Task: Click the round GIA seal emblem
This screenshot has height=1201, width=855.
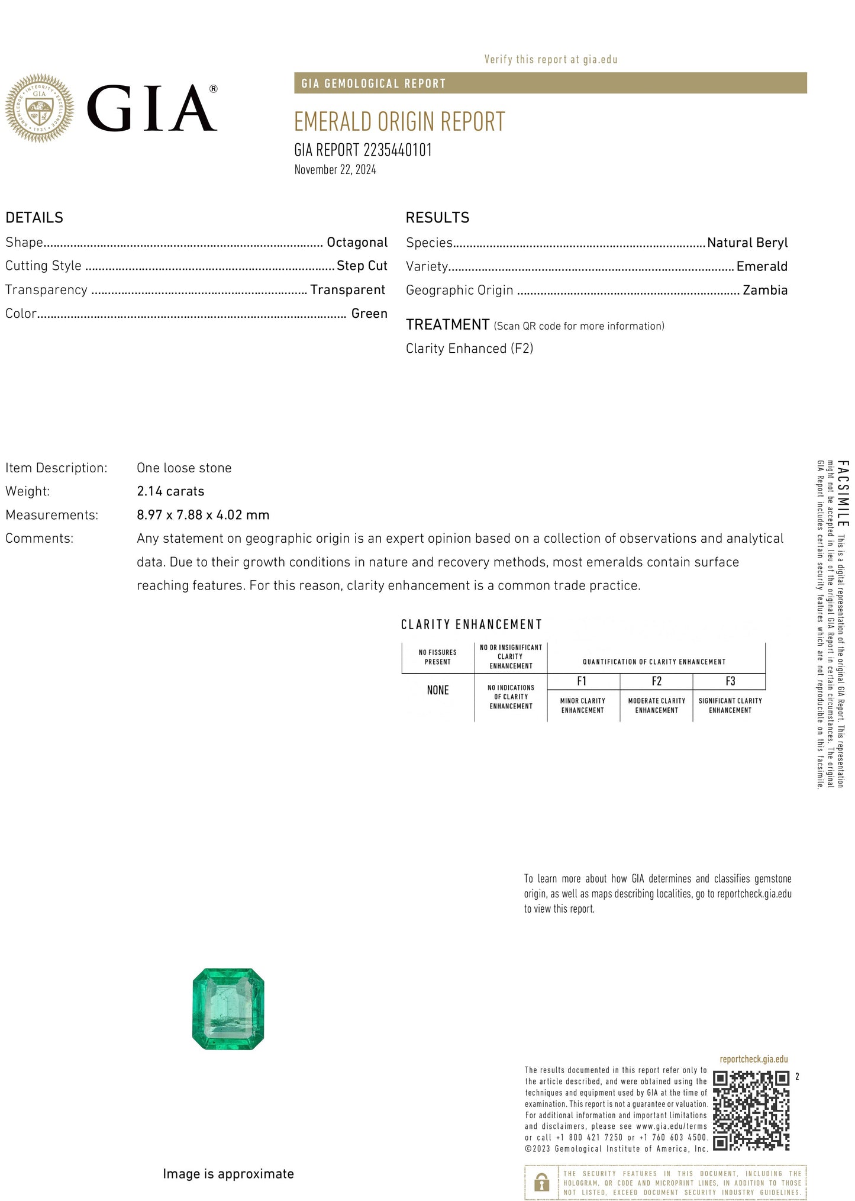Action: click(x=39, y=108)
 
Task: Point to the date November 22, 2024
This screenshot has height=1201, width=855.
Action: click(x=335, y=170)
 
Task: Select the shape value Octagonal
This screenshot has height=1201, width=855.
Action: click(x=357, y=242)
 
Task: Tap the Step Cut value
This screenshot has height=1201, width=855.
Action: click(x=362, y=266)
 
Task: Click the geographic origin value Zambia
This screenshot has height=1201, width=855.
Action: click(x=764, y=290)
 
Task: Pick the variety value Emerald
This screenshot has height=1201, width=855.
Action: click(x=762, y=266)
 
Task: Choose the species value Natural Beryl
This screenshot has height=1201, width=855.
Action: click(x=747, y=243)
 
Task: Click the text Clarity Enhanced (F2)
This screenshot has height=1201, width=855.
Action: click(x=469, y=349)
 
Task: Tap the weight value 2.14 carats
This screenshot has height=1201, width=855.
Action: click(x=170, y=491)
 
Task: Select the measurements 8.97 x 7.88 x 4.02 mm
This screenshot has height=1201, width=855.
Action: click(x=203, y=515)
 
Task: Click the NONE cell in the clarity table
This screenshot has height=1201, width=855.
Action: click(x=438, y=690)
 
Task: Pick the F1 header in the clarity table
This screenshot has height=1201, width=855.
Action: click(x=582, y=681)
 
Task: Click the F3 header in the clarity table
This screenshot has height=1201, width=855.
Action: click(x=730, y=681)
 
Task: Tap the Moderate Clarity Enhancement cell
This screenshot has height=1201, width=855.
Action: click(x=656, y=706)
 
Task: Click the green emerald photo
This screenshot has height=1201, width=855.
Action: click(x=228, y=1009)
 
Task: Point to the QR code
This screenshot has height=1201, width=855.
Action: click(x=751, y=1110)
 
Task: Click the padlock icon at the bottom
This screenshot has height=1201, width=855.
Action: click(x=541, y=1182)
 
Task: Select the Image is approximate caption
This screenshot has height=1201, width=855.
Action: click(x=228, y=1174)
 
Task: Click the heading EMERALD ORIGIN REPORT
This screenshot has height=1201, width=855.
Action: click(x=399, y=122)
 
